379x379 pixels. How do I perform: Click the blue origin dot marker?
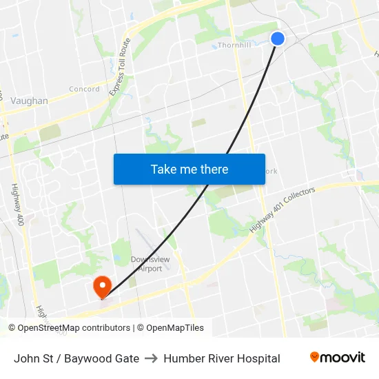[278, 38]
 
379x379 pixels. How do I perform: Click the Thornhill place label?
[235, 45]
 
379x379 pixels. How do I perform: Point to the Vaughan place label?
[29, 101]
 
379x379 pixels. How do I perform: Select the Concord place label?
[84, 89]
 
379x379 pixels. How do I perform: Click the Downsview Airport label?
[146, 264]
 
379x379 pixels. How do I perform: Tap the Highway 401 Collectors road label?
[282, 209]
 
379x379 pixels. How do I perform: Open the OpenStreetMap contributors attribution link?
[74, 328]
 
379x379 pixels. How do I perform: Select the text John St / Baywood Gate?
[76, 358]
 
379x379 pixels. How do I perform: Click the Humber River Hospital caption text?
[222, 358]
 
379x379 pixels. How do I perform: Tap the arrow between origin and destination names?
[151, 358]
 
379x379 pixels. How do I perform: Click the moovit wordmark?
[342, 358]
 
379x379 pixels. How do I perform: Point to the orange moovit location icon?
[314, 357]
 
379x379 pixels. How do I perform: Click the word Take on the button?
[163, 169]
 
